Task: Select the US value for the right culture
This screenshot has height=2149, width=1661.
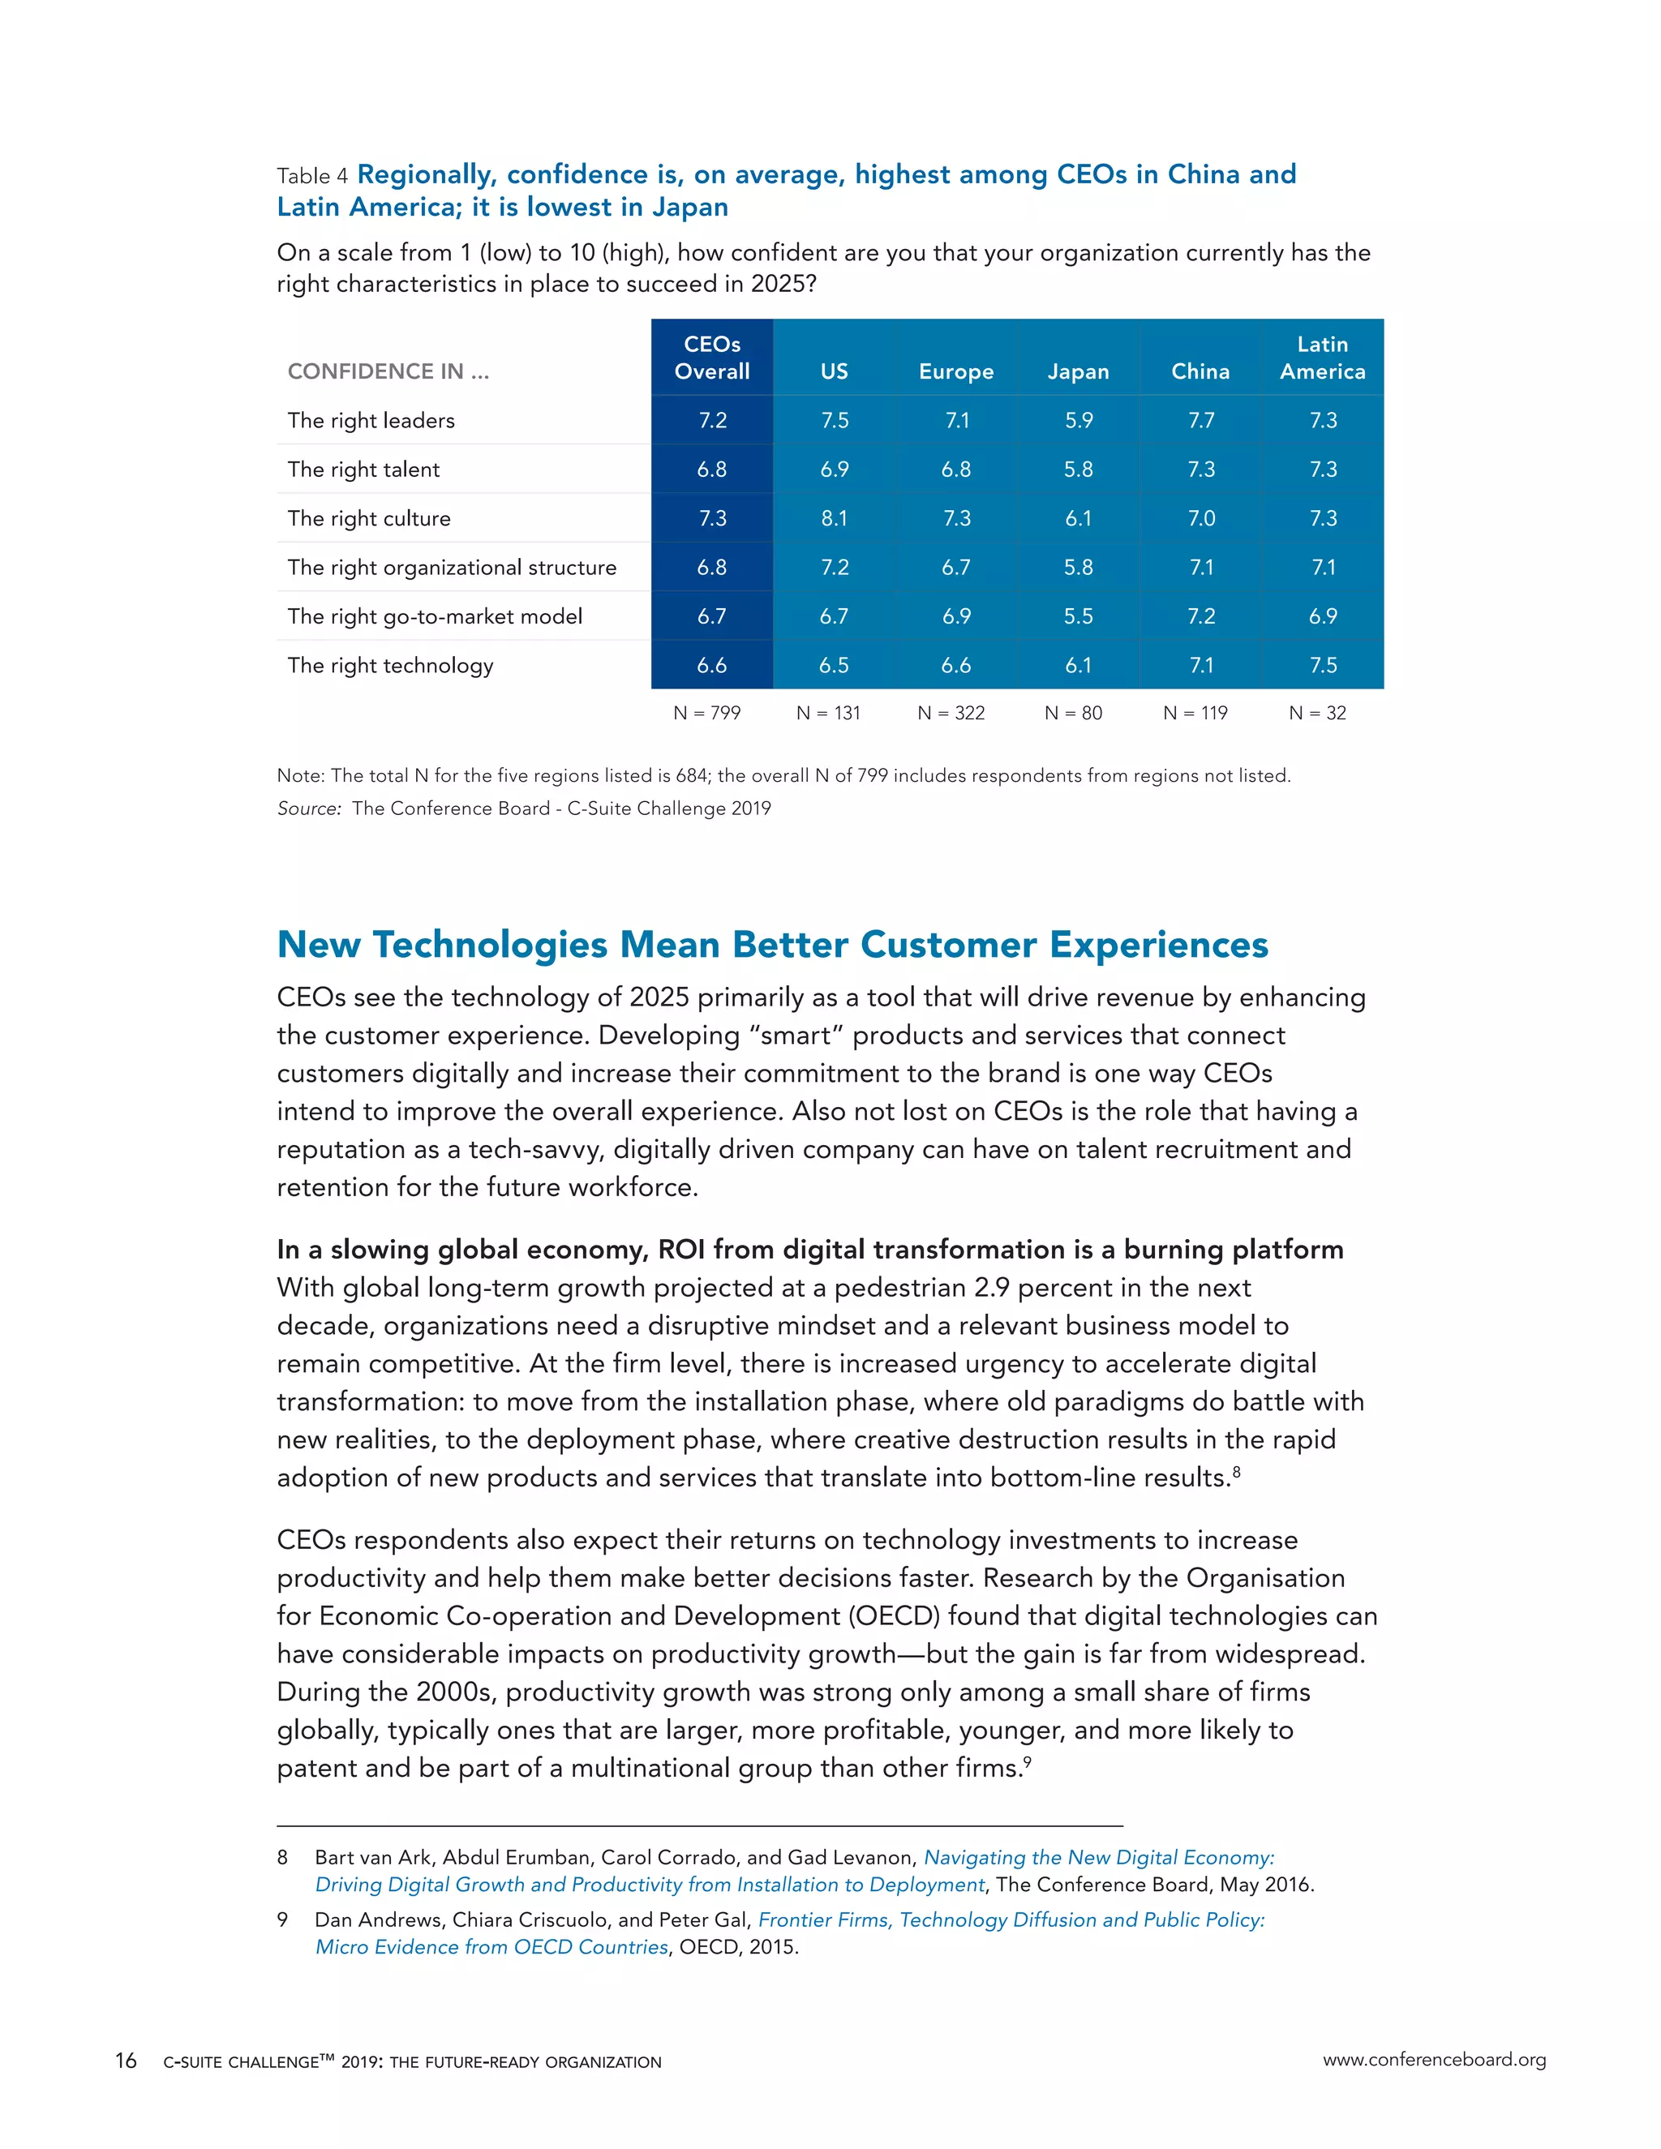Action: tap(834, 517)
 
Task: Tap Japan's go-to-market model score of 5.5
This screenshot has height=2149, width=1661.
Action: tap(1078, 616)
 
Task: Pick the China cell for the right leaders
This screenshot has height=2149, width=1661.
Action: tap(1200, 420)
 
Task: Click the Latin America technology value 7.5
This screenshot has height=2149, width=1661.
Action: tap(1323, 665)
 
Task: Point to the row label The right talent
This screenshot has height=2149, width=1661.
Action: tap(363, 470)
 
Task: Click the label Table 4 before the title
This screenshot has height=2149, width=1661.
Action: tap(312, 176)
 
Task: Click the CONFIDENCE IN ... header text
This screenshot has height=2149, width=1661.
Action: tap(388, 371)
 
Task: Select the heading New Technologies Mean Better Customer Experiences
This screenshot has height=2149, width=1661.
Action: tap(772, 944)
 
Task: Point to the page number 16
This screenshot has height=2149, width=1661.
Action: tap(126, 2060)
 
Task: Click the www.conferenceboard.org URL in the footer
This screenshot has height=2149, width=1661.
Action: tap(1434, 2060)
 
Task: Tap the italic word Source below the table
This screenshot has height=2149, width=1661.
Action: tap(308, 808)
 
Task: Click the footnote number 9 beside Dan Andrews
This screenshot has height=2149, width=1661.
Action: tap(282, 1920)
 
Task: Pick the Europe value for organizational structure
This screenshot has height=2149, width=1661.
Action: tap(955, 567)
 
